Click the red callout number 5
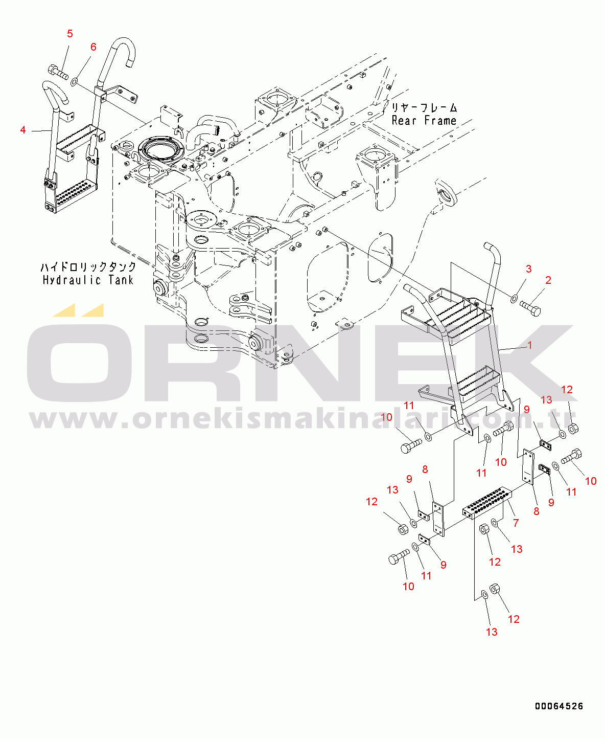(70, 34)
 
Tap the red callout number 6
(94, 47)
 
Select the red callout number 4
(23, 130)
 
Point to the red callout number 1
(530, 345)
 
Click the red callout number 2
(548, 280)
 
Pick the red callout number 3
(529, 269)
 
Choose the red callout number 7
(516, 523)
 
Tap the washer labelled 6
(74, 82)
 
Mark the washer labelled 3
(514, 299)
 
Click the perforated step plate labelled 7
(487, 503)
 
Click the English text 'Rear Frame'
(424, 121)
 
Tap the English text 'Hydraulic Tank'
(88, 280)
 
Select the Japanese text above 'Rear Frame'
(424, 107)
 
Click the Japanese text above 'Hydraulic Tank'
(88, 267)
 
